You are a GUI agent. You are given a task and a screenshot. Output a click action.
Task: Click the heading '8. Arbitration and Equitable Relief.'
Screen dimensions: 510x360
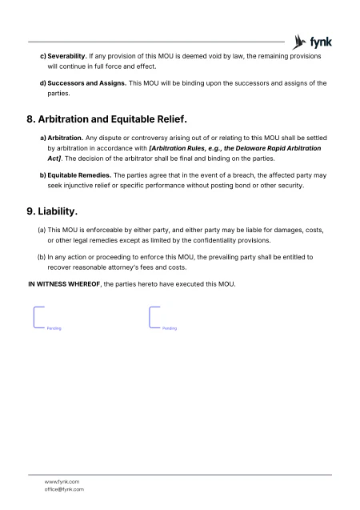click(x=107, y=121)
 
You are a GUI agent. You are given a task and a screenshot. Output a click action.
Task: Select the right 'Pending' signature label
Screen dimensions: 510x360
click(x=170, y=328)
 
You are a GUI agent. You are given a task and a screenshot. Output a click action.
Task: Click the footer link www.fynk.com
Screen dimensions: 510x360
click(x=61, y=481)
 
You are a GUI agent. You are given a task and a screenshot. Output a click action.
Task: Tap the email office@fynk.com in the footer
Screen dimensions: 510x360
click(x=65, y=489)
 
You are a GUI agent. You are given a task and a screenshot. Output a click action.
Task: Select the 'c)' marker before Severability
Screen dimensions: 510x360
click(x=42, y=57)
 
